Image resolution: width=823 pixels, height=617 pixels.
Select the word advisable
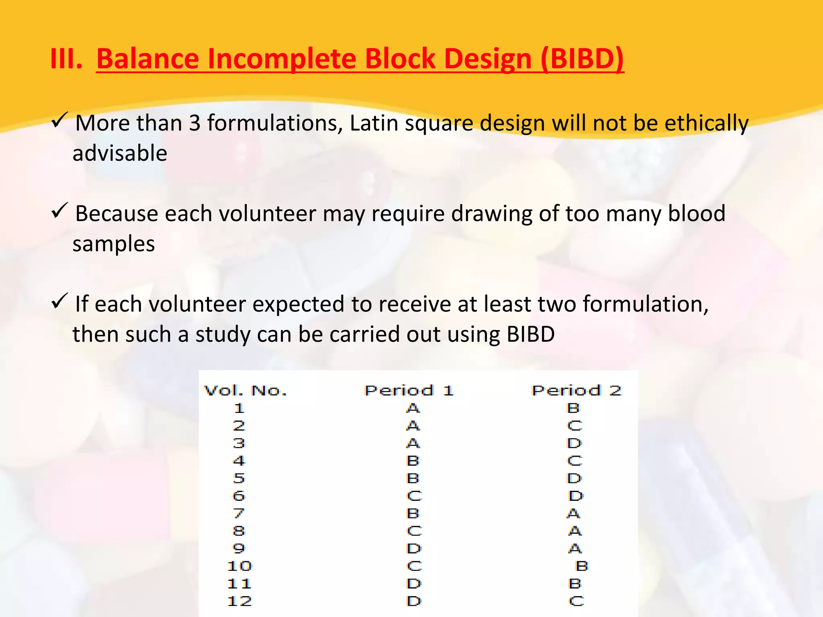point(120,153)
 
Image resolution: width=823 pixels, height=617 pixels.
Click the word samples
point(114,244)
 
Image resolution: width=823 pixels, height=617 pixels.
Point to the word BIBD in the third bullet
point(530,334)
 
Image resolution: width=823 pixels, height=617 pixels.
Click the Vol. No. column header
point(245,390)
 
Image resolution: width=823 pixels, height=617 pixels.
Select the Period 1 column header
point(409,390)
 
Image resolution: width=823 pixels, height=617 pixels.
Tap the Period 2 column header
point(576,390)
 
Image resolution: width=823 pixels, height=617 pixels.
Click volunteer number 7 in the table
point(239,513)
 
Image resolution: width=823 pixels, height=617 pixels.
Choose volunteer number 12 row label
point(240,601)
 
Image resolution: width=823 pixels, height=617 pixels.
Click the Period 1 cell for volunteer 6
point(414,496)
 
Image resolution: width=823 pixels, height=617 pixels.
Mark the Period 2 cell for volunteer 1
point(573,408)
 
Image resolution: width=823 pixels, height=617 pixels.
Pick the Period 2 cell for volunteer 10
point(581,566)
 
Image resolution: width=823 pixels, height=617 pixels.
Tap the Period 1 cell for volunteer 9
point(414,548)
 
